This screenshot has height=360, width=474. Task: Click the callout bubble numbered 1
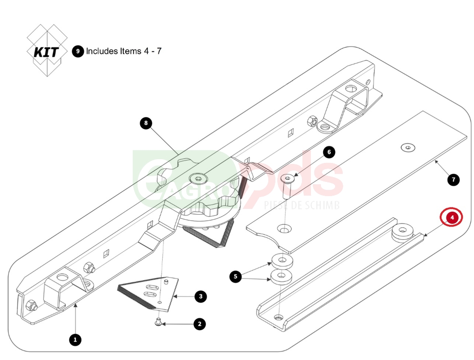[74, 339]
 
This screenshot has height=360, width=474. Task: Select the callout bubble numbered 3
[201, 297]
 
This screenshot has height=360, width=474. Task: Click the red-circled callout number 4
[453, 217]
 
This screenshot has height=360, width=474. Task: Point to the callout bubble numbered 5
[236, 277]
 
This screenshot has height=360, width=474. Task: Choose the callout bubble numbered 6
[329, 152]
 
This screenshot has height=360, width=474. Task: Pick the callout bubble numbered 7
[453, 180]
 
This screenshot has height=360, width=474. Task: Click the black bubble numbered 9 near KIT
[78, 51]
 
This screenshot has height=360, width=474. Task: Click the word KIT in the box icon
[46, 52]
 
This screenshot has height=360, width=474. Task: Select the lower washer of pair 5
[281, 276]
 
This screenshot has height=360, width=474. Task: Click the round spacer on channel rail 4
[404, 232]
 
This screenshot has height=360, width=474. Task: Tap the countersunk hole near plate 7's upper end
[407, 147]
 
